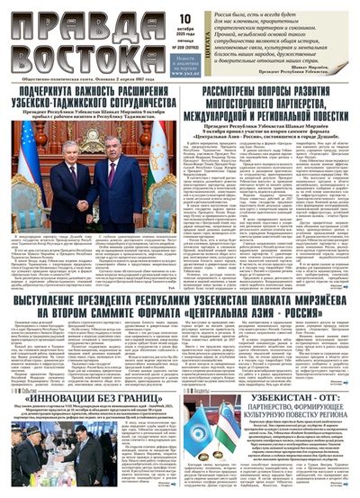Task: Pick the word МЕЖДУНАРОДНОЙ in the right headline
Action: tap(239, 114)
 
